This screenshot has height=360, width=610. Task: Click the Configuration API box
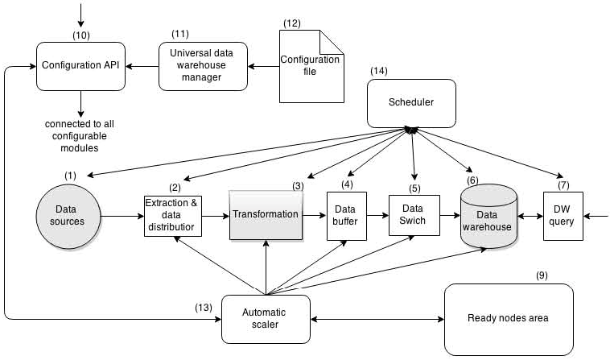click(x=80, y=65)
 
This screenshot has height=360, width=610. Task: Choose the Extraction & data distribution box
click(x=171, y=215)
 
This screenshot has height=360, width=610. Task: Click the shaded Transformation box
click(x=266, y=215)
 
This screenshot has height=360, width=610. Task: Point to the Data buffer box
click(x=347, y=216)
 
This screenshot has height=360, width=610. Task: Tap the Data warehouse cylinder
click(x=487, y=215)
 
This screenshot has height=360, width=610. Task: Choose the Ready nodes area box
click(x=509, y=318)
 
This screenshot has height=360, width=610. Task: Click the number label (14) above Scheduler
click(x=380, y=72)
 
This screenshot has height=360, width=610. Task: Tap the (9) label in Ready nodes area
click(x=542, y=275)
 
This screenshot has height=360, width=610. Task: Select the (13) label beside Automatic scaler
click(x=204, y=307)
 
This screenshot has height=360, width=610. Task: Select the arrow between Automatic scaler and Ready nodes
click(x=377, y=319)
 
